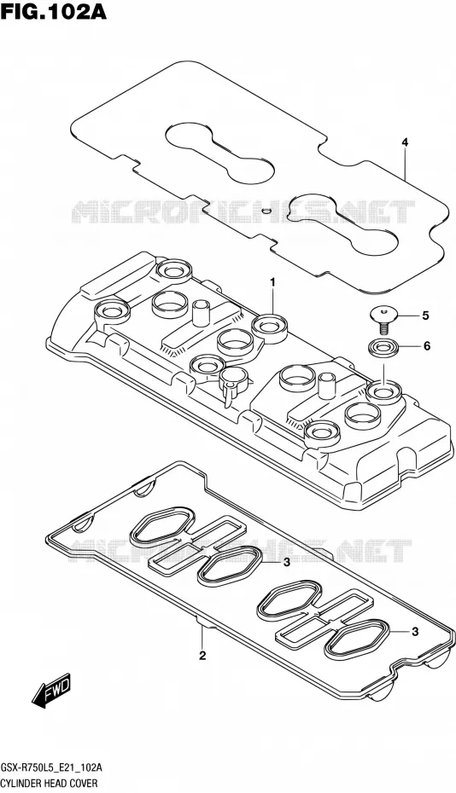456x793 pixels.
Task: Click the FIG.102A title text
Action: (54, 11)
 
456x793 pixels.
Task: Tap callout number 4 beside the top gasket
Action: (405, 142)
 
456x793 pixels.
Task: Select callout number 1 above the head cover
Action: (272, 282)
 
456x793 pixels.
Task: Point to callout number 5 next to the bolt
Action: (425, 316)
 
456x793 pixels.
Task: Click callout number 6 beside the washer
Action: (426, 346)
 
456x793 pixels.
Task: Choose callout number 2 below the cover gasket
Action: (202, 657)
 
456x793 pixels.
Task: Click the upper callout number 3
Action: (286, 563)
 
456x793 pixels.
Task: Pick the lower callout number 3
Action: (415, 631)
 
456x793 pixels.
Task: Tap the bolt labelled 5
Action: (383, 319)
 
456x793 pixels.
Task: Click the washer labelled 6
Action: (383, 347)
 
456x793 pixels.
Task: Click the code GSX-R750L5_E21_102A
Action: (52, 768)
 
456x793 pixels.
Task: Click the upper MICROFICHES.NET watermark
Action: (243, 212)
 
